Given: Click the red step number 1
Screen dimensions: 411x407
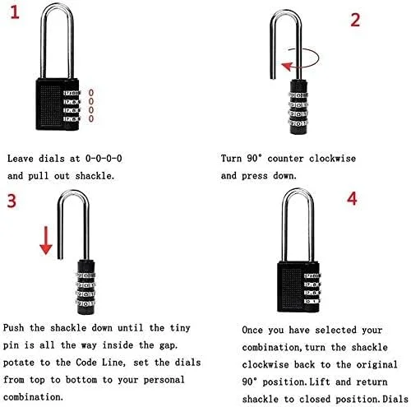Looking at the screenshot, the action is (x=15, y=12).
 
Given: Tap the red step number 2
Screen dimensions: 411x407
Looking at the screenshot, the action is (x=355, y=20).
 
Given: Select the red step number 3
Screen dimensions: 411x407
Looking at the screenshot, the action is (x=12, y=201).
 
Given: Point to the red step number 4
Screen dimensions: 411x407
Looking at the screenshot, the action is (x=352, y=198).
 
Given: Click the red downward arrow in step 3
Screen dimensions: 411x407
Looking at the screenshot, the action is (x=46, y=240).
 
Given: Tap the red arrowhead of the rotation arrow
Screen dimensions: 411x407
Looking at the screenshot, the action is (x=287, y=66).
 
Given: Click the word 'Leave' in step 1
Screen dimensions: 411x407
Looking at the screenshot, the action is (x=20, y=159).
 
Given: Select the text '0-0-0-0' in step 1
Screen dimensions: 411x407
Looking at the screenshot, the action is (x=104, y=158).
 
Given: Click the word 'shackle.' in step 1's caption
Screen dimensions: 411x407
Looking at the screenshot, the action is (x=95, y=176).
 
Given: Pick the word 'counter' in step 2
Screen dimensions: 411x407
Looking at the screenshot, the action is (x=285, y=159).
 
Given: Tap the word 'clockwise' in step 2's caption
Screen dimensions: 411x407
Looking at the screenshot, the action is (x=332, y=158).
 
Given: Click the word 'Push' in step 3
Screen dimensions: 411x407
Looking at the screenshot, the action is (x=13, y=328).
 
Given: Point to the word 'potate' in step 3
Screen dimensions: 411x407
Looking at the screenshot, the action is (x=19, y=363).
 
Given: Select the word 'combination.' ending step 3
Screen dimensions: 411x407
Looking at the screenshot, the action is (x=33, y=397).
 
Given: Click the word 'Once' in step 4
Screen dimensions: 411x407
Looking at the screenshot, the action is (x=252, y=330).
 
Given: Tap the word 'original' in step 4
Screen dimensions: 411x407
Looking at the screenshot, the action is (x=376, y=364).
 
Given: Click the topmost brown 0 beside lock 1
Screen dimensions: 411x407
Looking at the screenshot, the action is (x=91, y=93).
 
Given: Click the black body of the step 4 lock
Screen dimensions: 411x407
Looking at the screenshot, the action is (x=291, y=287).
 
